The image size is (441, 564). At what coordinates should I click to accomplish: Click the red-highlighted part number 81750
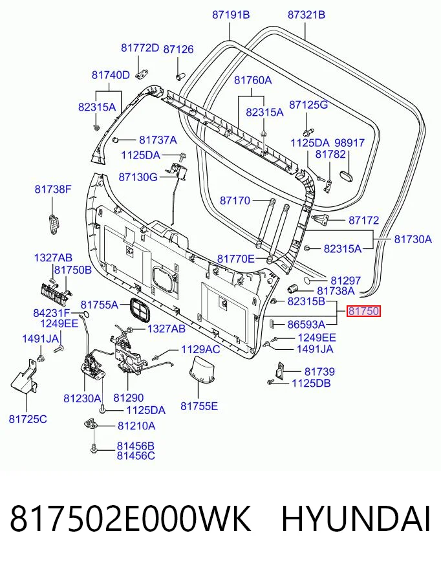pos(363,311)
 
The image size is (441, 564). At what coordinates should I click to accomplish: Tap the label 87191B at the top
pos(231,15)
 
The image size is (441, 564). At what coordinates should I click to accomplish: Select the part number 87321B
pos(307,15)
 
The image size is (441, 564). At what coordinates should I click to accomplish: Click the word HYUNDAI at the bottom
pos(356,519)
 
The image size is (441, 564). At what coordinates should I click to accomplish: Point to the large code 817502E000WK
pos(130,519)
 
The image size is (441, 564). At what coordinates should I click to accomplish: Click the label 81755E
pos(199,406)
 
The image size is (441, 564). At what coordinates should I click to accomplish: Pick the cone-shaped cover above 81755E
pos(202,371)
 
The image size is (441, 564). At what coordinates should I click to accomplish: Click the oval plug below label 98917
pos(347,175)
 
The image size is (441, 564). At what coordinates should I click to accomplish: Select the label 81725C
pos(28,419)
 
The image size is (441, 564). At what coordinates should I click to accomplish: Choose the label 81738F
pos(53,189)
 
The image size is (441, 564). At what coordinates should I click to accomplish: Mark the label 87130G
pos(138,177)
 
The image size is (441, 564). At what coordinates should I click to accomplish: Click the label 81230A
pos(82,398)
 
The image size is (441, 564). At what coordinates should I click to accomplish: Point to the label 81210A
pos(136,426)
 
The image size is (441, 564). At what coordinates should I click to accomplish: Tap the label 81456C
pos(136,456)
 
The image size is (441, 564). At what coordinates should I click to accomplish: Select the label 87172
pos(363,220)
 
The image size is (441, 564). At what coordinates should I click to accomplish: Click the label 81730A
pos(413,239)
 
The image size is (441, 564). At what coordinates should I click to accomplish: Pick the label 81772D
pos(140,48)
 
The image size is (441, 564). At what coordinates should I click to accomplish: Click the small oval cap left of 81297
pos(309,280)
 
